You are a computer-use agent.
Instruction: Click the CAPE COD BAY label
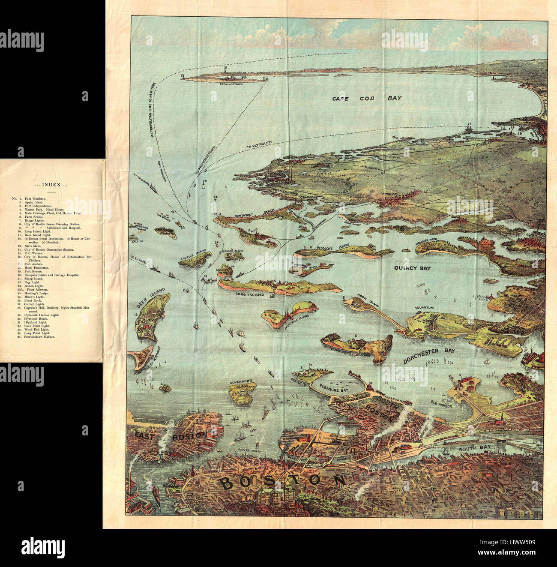click(367, 99)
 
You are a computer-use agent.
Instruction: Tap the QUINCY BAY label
click(413, 268)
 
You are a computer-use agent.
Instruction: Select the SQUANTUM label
click(424, 308)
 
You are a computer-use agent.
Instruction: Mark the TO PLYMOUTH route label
click(260, 145)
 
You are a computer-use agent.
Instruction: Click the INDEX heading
click(51, 185)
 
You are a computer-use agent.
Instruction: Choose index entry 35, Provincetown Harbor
click(39, 336)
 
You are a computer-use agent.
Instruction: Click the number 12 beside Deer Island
click(136, 315)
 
